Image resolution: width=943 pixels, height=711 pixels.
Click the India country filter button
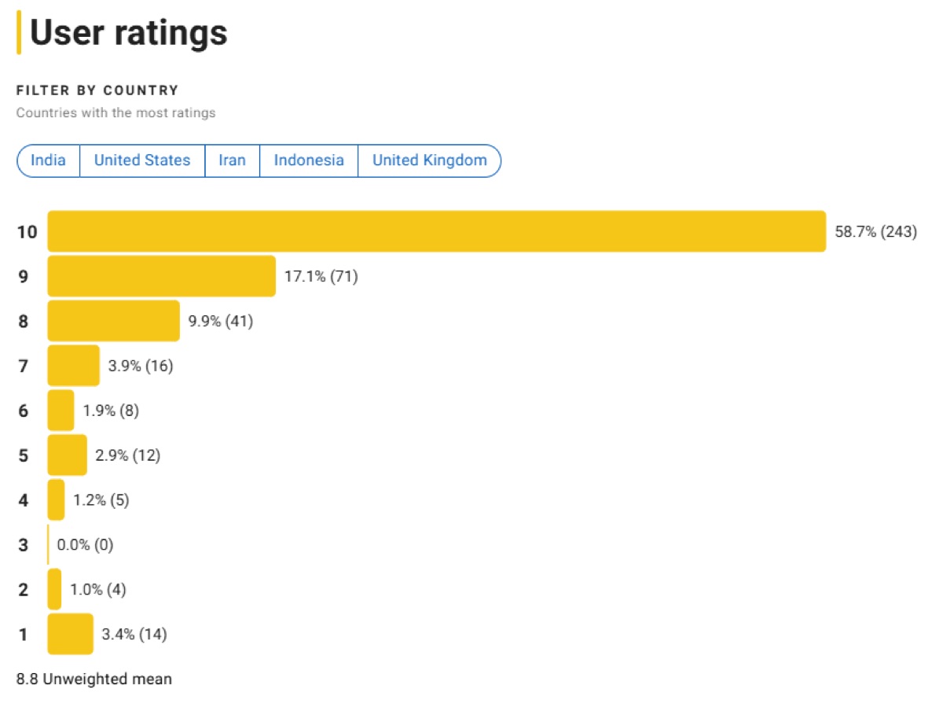(x=48, y=160)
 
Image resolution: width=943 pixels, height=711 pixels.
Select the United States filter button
(x=142, y=160)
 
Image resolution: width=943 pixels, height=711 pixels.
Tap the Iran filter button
(x=232, y=160)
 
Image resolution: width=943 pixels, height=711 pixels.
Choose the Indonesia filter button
(x=309, y=160)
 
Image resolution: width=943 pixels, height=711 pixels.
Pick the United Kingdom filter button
(x=429, y=160)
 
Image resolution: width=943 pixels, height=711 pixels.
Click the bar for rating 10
(x=436, y=231)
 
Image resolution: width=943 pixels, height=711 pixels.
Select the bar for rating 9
(x=161, y=276)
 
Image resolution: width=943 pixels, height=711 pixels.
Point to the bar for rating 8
(x=113, y=321)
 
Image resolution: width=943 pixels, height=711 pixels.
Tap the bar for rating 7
(x=73, y=366)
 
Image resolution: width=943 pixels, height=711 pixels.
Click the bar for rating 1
(x=70, y=634)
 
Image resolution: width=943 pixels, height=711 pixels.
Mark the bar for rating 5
(x=67, y=455)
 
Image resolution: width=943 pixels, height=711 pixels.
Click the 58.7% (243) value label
(x=875, y=232)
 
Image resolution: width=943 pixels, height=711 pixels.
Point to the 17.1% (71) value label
(x=321, y=277)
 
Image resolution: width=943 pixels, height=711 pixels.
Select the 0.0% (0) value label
(x=85, y=545)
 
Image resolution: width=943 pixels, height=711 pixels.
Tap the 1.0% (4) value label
(x=98, y=590)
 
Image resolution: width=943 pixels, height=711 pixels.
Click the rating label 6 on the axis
(x=23, y=411)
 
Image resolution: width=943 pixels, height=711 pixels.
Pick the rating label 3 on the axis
(x=23, y=545)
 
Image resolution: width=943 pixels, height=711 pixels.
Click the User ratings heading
(x=128, y=33)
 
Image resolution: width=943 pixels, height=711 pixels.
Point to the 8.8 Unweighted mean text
(x=94, y=678)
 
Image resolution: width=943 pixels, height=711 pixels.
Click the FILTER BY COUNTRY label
(x=97, y=90)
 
